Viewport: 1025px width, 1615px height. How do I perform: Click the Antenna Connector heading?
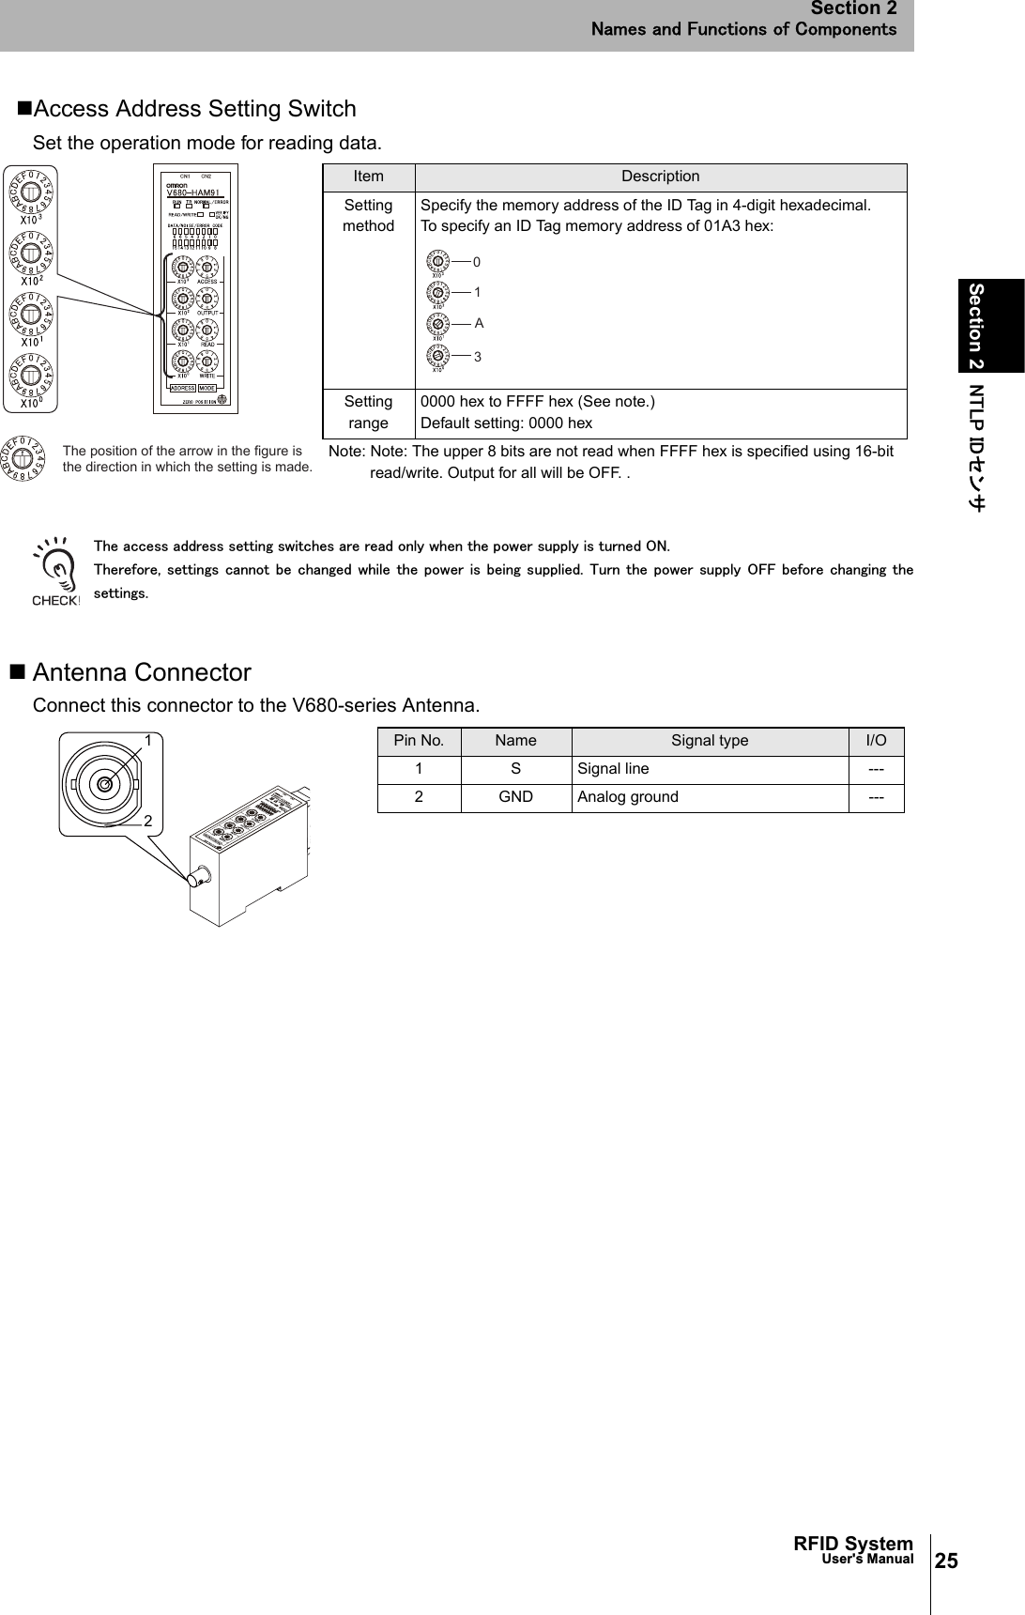[142, 672]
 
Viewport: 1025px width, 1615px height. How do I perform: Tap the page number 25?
[947, 1561]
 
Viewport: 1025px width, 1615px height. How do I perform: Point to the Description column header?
[661, 177]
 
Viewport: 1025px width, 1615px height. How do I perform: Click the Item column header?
[368, 177]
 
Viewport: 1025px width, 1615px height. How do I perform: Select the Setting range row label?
[368, 412]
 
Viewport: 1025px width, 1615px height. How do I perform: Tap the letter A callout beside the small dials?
[479, 323]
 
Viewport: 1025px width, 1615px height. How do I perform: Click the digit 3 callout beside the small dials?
[478, 357]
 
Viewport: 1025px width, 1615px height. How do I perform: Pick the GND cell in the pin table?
[515, 797]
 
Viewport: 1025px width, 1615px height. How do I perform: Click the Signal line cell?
[612, 769]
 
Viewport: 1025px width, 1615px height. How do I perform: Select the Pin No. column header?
[419, 741]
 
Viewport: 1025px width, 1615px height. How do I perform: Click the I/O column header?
[876, 741]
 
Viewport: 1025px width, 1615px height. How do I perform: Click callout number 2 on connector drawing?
[148, 820]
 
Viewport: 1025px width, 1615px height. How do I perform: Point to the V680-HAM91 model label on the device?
[191, 192]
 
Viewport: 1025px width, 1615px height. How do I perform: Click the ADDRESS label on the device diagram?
[182, 388]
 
